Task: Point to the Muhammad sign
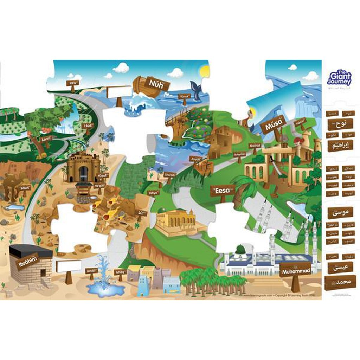(295, 271)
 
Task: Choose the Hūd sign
(87, 126)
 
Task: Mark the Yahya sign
(153, 193)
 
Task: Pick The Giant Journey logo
(339, 79)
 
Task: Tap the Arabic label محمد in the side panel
(340, 282)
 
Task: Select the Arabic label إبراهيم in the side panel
(340, 145)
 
